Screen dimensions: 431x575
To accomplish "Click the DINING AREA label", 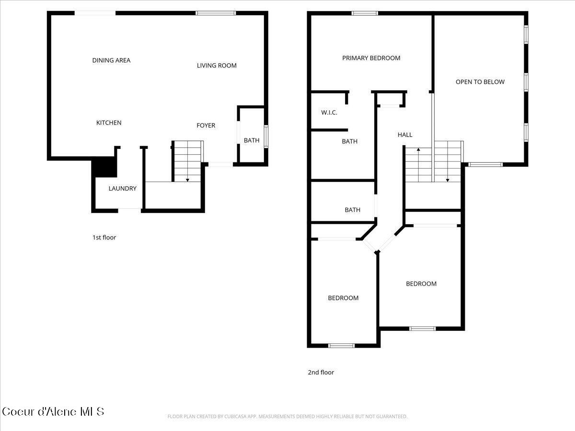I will [x=111, y=60].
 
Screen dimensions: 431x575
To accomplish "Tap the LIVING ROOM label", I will [x=217, y=66].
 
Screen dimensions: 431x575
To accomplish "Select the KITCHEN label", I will [x=109, y=123].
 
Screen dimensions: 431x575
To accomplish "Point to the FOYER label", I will [x=206, y=125].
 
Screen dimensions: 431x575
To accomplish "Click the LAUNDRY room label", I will [x=122, y=189].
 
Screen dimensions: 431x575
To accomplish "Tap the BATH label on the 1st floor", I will [x=252, y=141].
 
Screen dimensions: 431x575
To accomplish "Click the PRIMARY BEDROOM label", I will [x=371, y=58].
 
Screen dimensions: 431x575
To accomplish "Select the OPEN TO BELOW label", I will [x=480, y=82].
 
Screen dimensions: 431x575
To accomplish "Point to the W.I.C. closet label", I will [x=329, y=113].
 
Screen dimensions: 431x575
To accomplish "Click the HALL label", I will [x=405, y=135].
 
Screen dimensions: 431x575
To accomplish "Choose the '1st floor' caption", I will [x=104, y=238].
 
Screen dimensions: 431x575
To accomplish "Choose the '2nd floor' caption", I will [x=321, y=373].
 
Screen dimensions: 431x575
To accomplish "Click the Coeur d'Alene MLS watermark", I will [x=53, y=411].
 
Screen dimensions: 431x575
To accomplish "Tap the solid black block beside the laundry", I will [x=104, y=168].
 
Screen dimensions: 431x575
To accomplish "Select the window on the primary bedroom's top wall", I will [x=365, y=13].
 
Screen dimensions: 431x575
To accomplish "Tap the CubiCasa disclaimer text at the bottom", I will [x=287, y=417].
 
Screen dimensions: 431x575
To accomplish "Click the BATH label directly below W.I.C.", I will [x=349, y=142].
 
